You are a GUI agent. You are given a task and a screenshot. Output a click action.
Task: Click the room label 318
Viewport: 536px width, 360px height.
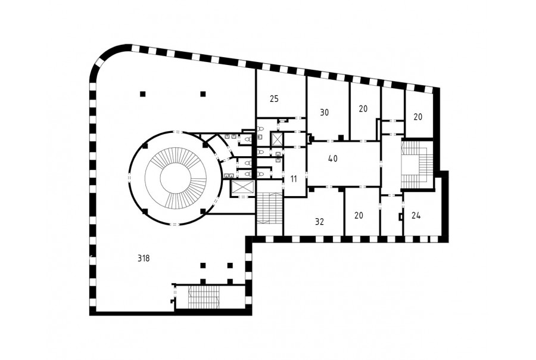pyautogui.click(x=144, y=258)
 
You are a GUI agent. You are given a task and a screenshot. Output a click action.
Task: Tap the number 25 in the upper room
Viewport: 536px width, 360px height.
pyautogui.click(x=274, y=99)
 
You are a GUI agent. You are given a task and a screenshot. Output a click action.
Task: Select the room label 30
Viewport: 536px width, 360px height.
pyautogui.click(x=325, y=112)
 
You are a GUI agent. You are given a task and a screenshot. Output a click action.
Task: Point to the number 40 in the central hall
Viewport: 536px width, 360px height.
pyautogui.click(x=332, y=159)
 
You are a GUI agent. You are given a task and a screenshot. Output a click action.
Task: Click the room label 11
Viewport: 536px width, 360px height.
pyautogui.click(x=294, y=179)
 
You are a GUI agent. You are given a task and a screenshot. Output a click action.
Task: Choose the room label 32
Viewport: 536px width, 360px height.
pyautogui.click(x=319, y=222)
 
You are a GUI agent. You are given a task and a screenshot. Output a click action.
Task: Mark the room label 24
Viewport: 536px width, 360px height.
pyautogui.click(x=416, y=216)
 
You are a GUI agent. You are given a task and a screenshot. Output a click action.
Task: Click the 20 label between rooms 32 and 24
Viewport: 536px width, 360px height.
pyautogui.click(x=359, y=216)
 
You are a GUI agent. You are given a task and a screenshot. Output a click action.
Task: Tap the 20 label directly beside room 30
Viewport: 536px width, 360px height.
pyautogui.click(x=363, y=109)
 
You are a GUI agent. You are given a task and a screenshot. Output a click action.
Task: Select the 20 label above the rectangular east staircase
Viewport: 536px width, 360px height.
pyautogui.click(x=417, y=117)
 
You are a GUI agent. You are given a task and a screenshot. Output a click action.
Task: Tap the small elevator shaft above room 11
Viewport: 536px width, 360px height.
pyautogui.click(x=277, y=139)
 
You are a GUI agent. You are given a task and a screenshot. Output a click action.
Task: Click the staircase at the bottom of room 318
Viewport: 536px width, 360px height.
pyautogui.click(x=204, y=296)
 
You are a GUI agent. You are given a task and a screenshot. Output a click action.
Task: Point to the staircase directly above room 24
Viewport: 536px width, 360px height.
pyautogui.click(x=417, y=165)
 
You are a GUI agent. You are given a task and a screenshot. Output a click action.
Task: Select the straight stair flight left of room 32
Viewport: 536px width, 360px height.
pyautogui.click(x=270, y=209)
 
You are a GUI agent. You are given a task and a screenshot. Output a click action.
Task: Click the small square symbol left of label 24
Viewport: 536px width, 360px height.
pyautogui.click(x=401, y=217)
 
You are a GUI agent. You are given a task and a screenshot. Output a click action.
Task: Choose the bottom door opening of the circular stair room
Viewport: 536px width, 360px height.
pyautogui.click(x=174, y=225)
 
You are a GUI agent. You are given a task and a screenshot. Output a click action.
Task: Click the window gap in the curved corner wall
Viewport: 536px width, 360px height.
pyautogui.click(x=100, y=63)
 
